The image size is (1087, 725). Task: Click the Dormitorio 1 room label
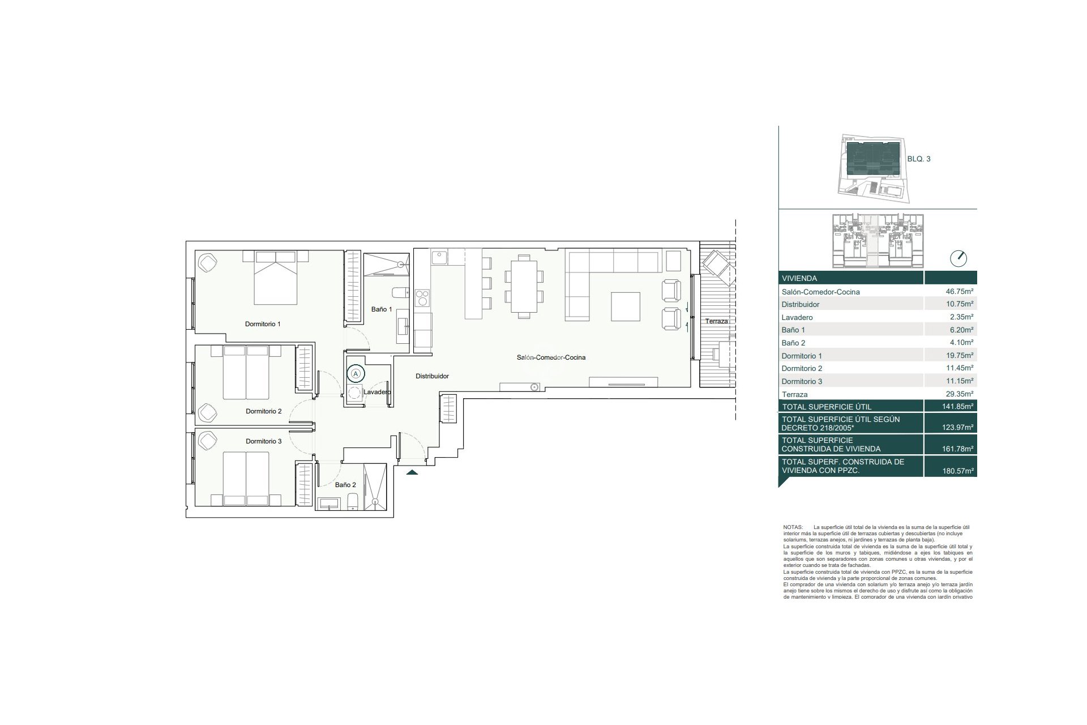263,324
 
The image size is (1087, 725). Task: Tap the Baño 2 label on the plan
345,485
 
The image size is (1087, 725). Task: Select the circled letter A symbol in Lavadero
356,373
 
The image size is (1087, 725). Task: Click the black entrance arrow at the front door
412,472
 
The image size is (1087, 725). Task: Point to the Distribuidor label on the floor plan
432,376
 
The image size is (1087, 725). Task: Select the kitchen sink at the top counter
439,258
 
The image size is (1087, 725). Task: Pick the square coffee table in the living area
626,307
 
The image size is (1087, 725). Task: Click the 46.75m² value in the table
956,292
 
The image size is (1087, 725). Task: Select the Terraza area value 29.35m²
956,394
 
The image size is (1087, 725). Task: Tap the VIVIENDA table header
799,279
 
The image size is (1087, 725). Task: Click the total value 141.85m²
956,407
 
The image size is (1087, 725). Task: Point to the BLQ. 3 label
919,159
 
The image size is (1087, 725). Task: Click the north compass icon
958,258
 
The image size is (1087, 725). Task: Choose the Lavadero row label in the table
797,317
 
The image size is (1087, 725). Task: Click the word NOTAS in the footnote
793,527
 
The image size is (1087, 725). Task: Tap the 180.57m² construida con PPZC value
956,471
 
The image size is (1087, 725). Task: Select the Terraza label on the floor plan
716,321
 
